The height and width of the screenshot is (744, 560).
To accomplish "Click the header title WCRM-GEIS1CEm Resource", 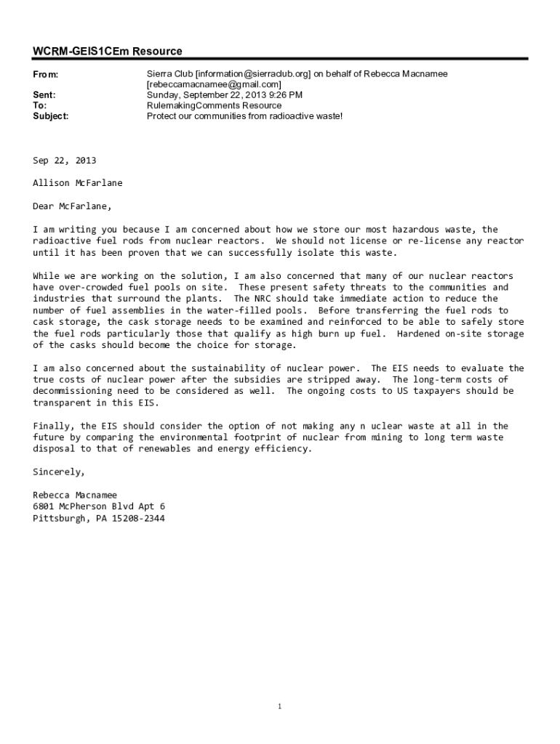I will [108, 51].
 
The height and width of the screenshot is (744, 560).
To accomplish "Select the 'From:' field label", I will [45, 75].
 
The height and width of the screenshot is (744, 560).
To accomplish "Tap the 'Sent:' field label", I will [44, 95].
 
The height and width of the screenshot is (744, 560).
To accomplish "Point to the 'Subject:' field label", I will [51, 116].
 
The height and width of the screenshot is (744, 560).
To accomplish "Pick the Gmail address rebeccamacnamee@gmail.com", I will [214, 85].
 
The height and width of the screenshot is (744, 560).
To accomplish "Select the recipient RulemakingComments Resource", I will [214, 105].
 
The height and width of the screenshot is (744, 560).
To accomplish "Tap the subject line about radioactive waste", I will [244, 116].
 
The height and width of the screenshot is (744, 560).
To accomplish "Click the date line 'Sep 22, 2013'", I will [65, 161].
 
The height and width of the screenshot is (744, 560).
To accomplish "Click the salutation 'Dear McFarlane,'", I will [73, 206].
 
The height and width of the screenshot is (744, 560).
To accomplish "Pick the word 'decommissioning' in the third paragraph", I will [72, 391].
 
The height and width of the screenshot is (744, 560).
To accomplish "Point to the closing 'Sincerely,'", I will [59, 472].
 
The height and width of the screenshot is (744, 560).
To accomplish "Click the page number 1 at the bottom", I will [280, 706].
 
